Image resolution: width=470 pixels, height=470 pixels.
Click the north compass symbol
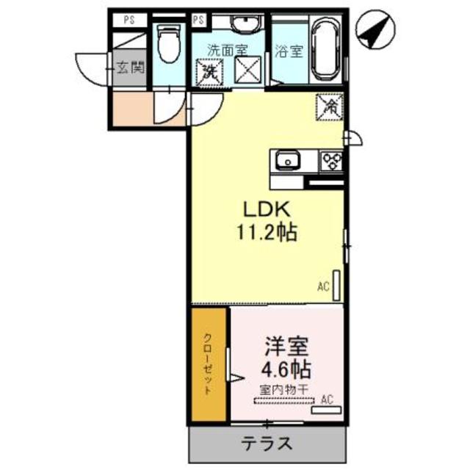pyautogui.click(x=377, y=31)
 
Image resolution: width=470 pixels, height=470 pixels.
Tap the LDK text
pyautogui.click(x=267, y=209)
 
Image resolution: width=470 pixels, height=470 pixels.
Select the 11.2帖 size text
pyautogui.click(x=267, y=234)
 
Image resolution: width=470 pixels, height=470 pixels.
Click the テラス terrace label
pyautogui.click(x=268, y=444)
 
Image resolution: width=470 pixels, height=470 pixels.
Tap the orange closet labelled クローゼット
pyautogui.click(x=210, y=365)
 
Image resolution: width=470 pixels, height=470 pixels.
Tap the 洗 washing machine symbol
pyautogui.click(x=209, y=72)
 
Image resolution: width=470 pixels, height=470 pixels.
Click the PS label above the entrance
pyautogui.click(x=129, y=18)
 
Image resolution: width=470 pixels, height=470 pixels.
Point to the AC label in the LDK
pyautogui.click(x=322, y=286)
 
